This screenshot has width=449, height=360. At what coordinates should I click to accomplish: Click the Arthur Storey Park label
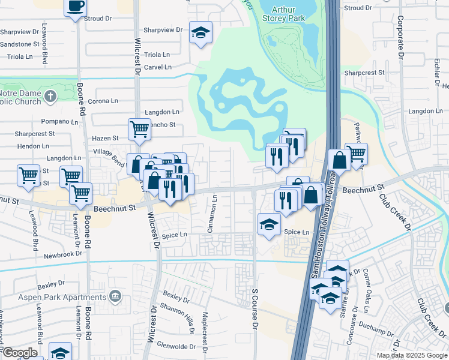288,14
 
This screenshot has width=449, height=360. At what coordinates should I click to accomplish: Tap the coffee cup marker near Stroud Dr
76,7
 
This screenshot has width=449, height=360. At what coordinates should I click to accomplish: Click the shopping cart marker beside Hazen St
139,129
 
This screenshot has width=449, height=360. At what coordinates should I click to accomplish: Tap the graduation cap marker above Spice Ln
269,224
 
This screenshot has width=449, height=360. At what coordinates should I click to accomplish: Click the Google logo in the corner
20,353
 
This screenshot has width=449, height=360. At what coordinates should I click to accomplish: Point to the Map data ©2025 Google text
412,355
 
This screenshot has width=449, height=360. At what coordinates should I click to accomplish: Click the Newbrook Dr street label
62,254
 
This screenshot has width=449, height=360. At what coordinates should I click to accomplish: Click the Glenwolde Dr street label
176,346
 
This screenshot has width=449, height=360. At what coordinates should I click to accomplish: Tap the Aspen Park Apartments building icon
115,297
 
